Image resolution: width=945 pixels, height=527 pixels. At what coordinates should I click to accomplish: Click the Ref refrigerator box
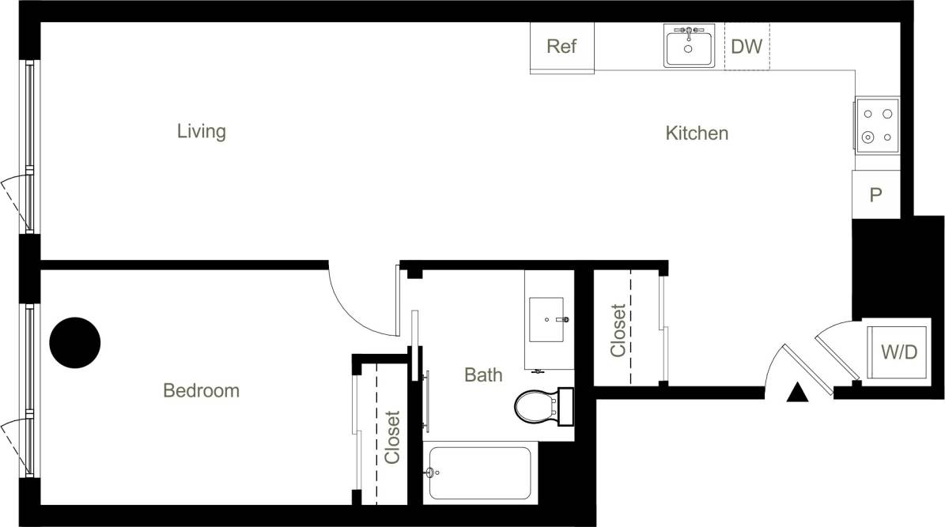coord(561,47)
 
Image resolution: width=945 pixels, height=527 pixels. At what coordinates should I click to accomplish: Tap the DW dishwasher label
coord(747,47)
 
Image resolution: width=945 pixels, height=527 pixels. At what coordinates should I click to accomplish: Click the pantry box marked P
coord(876,195)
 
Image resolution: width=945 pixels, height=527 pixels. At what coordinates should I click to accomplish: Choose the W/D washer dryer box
coord(899,352)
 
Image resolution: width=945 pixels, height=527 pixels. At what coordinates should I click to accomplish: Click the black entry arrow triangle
coord(797,392)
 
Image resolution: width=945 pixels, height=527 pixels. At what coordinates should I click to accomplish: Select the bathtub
coord(480,473)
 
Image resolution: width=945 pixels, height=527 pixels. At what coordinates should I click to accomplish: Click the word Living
coord(201,131)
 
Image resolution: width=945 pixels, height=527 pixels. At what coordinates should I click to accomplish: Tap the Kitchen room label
coord(696,134)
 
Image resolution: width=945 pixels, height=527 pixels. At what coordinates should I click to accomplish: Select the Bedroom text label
coord(201,390)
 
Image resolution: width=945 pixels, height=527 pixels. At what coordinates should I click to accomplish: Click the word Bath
coord(482,375)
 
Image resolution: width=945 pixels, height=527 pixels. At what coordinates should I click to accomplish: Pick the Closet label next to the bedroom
coord(392,436)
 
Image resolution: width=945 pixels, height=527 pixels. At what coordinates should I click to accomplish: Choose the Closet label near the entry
coord(618,330)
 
